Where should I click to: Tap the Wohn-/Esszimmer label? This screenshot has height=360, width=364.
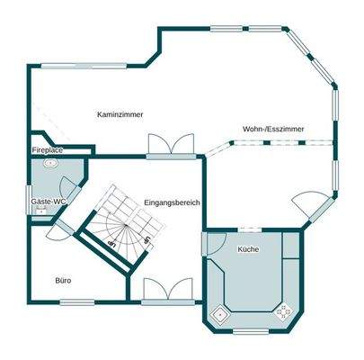(x=273, y=130)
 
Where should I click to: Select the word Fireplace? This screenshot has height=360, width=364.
(x=47, y=149)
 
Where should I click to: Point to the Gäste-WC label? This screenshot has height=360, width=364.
(x=48, y=202)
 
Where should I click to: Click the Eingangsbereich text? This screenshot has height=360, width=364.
(x=171, y=203)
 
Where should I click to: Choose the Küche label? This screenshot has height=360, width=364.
(x=248, y=248)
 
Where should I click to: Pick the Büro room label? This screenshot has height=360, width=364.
(x=62, y=281)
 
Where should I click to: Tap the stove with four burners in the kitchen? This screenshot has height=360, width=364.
(x=285, y=312)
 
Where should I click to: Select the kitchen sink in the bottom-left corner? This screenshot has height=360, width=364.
(x=218, y=314)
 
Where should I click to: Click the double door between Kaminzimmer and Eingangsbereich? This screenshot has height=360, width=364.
(x=171, y=145)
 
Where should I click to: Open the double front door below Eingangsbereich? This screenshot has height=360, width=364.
(x=168, y=292)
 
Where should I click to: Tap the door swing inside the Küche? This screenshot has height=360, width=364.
(x=217, y=246)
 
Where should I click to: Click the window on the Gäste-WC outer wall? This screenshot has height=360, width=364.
(x=29, y=200)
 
